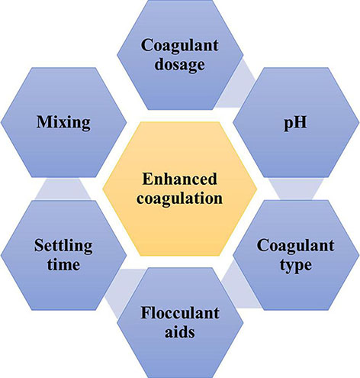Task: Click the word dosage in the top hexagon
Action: point(180,65)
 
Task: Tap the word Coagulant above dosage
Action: point(180,46)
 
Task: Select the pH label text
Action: point(295,124)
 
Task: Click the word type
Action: point(296,266)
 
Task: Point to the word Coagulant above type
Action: point(295,246)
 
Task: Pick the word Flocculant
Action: point(180,313)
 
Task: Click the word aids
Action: point(180,332)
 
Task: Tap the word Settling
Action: point(63,247)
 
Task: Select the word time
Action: point(63,265)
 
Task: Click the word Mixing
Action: point(63,123)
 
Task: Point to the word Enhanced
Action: point(180,179)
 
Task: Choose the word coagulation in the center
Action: point(180,199)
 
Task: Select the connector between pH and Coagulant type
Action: point(296,189)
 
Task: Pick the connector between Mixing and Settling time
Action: point(63,189)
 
